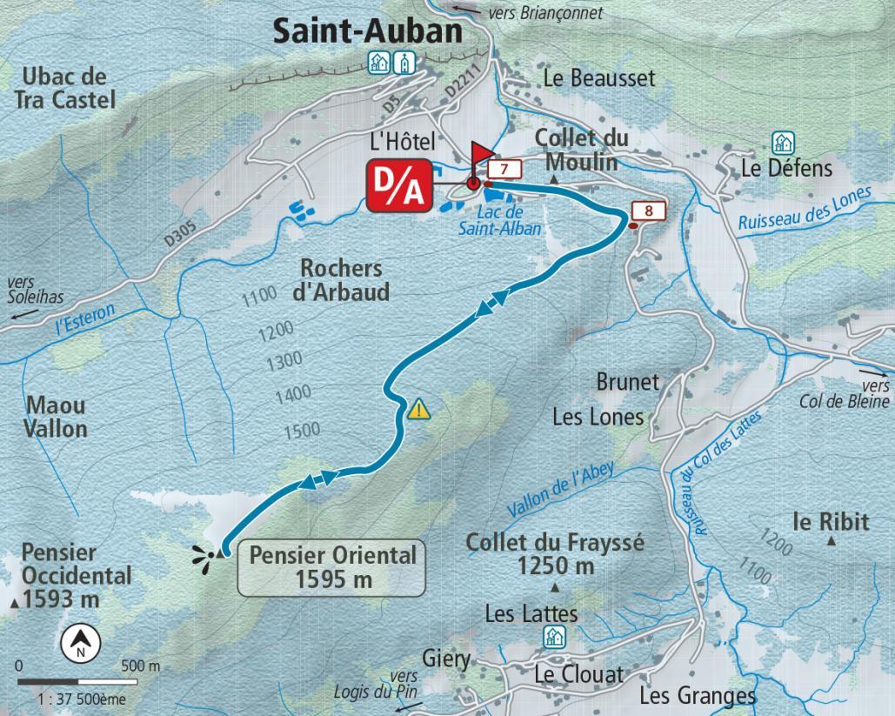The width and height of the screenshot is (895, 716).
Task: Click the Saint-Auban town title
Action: click(x=367, y=30)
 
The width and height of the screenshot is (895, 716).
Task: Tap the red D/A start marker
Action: click(x=397, y=185)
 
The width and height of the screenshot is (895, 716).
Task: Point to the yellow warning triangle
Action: click(x=419, y=408)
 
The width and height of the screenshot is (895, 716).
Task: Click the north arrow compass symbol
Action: click(x=81, y=643)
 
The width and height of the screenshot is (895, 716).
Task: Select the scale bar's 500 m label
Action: click(x=142, y=666)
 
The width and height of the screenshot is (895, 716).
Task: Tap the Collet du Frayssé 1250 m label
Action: click(x=555, y=553)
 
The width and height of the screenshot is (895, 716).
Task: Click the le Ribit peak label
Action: click(x=830, y=521)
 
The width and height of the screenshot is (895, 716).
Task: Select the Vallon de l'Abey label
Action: click(x=560, y=491)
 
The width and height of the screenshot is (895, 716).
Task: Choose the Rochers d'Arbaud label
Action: click(x=341, y=279)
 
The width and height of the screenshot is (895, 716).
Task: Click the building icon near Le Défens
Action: click(x=784, y=143)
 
